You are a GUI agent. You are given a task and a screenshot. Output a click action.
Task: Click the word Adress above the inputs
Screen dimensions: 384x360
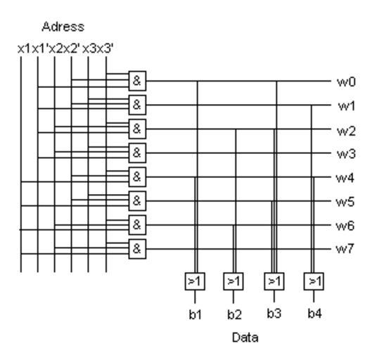[x=63, y=27]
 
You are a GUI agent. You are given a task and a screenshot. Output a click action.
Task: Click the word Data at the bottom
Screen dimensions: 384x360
[x=245, y=337]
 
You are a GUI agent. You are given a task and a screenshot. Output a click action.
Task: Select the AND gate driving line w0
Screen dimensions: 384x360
[x=137, y=81]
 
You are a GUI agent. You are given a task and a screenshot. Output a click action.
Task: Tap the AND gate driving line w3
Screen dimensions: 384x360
[x=137, y=153]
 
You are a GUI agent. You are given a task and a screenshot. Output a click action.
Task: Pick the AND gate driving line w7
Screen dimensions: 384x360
[x=137, y=249]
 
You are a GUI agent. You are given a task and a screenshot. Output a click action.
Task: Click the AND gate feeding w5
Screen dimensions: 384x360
[x=137, y=201]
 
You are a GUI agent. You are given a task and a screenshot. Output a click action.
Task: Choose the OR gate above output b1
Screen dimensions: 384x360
[x=195, y=281]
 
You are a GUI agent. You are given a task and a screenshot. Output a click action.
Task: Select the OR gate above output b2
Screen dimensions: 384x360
[x=233, y=281]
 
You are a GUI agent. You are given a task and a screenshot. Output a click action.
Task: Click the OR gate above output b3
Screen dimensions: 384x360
[x=274, y=281]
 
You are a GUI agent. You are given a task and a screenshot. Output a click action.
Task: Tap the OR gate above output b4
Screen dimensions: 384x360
[x=314, y=281]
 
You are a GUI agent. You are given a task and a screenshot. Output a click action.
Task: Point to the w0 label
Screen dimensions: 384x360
[x=346, y=82]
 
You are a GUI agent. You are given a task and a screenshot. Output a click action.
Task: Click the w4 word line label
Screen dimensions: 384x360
[x=345, y=178]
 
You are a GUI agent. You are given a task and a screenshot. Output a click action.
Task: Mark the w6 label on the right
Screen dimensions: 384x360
[x=345, y=226]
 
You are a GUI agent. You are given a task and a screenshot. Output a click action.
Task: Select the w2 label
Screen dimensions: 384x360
[x=346, y=131]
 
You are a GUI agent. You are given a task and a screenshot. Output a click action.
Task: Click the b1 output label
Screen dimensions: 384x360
[x=196, y=314]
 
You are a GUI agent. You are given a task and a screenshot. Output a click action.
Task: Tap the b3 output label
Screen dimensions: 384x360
[x=274, y=314]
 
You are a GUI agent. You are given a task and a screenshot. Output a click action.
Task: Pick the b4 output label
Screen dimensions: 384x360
[x=314, y=314]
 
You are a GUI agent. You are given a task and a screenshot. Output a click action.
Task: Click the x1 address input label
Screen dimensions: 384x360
[x=24, y=49]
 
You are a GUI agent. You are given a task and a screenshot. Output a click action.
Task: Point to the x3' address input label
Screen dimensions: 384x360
[x=105, y=49]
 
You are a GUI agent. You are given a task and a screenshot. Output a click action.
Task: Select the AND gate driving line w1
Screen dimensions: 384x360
[x=137, y=105]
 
